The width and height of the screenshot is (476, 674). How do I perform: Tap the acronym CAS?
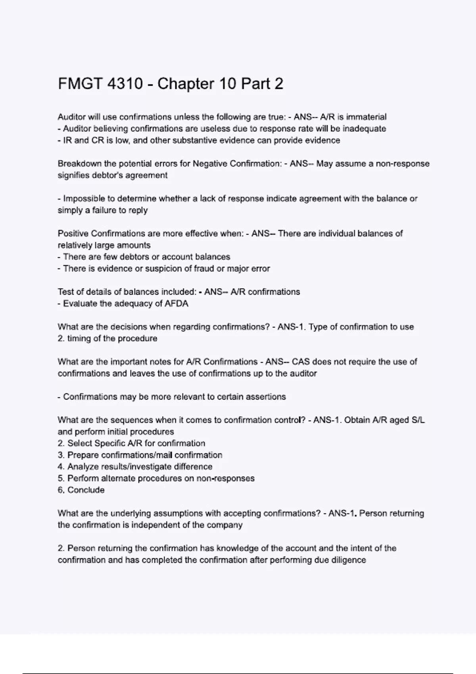(301, 362)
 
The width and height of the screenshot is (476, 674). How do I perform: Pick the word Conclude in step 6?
(86, 490)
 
